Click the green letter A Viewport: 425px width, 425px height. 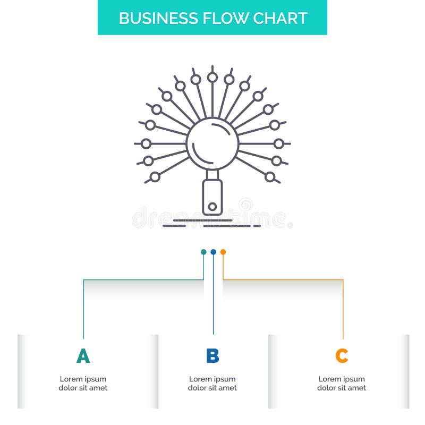(83, 356)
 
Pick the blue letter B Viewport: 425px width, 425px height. (212, 356)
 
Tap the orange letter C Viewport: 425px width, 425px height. (342, 356)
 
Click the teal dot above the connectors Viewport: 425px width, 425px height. (203, 252)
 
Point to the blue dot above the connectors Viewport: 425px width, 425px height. (213, 252)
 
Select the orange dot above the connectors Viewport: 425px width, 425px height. (223, 252)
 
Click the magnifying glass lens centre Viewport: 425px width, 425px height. (212, 143)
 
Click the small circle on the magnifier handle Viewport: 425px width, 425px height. (212, 206)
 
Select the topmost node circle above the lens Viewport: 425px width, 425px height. (212, 78)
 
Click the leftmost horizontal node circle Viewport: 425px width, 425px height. (146, 143)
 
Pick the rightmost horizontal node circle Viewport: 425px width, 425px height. (279, 143)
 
